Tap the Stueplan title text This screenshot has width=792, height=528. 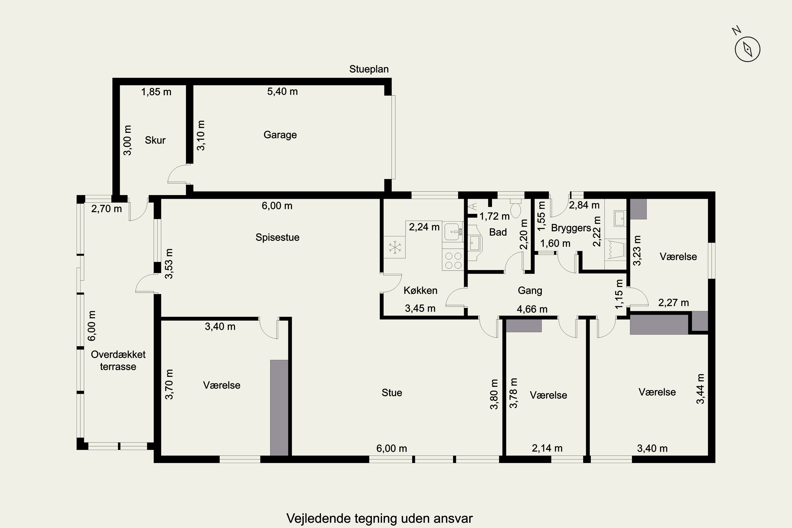pos(369,69)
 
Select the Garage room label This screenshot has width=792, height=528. pos(280,135)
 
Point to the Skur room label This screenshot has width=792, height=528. pos(155,140)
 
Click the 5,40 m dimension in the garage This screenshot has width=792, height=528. pos(282,92)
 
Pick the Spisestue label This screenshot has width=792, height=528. pos(277,237)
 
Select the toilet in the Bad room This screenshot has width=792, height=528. pos(516,208)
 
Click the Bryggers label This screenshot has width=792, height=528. pos(571,228)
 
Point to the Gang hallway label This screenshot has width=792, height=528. pos(530,291)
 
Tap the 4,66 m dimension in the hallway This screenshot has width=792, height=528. pos(532,309)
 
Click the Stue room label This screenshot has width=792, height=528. pos(392,393)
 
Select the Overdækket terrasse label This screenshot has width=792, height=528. pos(118,360)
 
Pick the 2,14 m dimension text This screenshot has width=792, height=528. pos(547,448)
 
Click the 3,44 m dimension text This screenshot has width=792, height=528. pos(700,389)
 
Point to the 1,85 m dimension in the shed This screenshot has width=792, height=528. pos(156,92)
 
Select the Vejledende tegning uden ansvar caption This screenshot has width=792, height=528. pos(380,518)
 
